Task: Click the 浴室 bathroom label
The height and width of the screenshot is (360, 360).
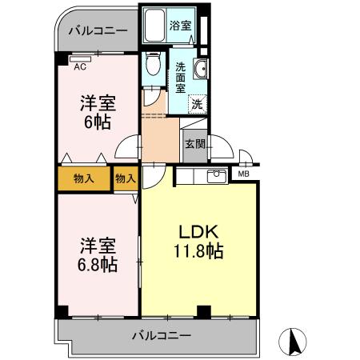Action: coord(180,26)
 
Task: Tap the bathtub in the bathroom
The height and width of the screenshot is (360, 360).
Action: coord(154,26)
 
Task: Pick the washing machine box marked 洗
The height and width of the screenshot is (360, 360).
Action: coord(196,103)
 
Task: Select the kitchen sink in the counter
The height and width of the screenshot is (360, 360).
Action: coord(215,177)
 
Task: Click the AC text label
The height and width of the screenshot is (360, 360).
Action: coord(80,67)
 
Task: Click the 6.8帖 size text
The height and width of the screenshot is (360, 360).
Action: coord(97,264)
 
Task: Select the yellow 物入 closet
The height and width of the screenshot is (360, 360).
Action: coord(83,178)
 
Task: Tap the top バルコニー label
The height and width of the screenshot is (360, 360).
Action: coord(97,31)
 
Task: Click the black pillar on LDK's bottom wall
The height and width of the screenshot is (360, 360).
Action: coord(204,311)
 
